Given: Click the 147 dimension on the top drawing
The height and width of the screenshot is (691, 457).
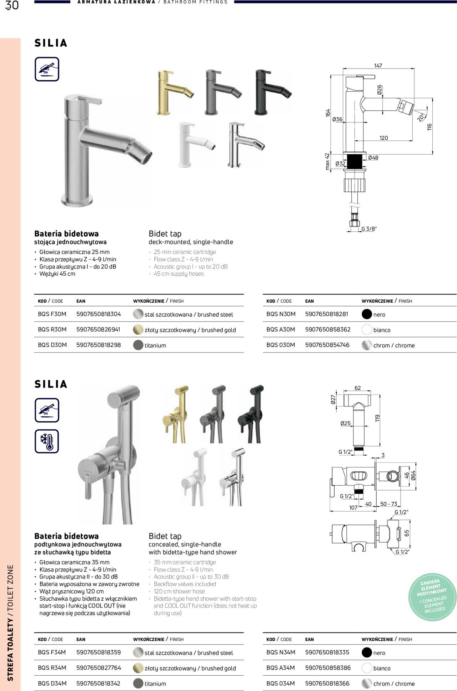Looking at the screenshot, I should coord(378,66).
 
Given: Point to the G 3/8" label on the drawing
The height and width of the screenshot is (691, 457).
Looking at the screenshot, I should coord(369,229).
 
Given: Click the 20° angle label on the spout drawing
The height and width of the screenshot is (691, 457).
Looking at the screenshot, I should coord(422,117).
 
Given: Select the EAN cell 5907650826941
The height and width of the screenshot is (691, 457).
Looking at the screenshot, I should coord(98,330).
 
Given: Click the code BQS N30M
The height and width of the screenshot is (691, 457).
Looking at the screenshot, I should coord(281,314).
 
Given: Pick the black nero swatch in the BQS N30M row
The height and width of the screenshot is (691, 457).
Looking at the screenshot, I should coord(367,314).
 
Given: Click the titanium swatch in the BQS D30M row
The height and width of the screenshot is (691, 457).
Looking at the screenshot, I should coord(138,345).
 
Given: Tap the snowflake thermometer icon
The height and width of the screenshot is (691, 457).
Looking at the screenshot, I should coord(47,441).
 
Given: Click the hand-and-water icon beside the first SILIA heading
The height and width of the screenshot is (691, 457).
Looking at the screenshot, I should coord(47,69).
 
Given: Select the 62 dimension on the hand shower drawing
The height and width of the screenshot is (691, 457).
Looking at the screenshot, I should coord(357,388).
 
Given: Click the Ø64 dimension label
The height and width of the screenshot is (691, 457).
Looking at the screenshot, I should coord(413,475).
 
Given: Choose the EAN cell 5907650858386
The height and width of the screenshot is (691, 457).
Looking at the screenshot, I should coord(328,668).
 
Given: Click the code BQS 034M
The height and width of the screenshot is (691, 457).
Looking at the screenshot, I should coord(281,684).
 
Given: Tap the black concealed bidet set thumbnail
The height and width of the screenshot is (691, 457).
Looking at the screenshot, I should coord(251,414).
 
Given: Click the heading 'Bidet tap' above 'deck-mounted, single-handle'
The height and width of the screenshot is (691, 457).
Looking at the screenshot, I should coord(165,234).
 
